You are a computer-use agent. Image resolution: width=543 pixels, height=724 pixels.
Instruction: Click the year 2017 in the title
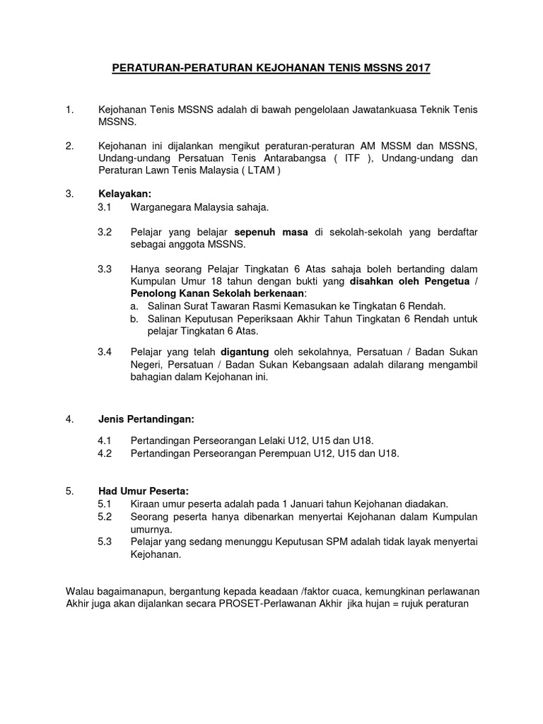[417, 69]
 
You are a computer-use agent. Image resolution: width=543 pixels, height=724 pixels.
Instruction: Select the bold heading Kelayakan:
[125, 194]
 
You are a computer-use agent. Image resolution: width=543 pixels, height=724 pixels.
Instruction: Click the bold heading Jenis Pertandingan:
[146, 419]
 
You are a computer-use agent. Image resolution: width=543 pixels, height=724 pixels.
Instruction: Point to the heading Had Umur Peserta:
[144, 491]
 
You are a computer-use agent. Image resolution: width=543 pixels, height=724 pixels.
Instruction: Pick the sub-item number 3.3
[105, 269]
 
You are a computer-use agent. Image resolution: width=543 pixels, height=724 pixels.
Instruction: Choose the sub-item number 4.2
[105, 454]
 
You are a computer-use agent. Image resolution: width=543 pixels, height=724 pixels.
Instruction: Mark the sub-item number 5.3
[105, 542]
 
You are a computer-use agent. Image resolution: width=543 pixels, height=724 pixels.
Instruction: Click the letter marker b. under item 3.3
[134, 319]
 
